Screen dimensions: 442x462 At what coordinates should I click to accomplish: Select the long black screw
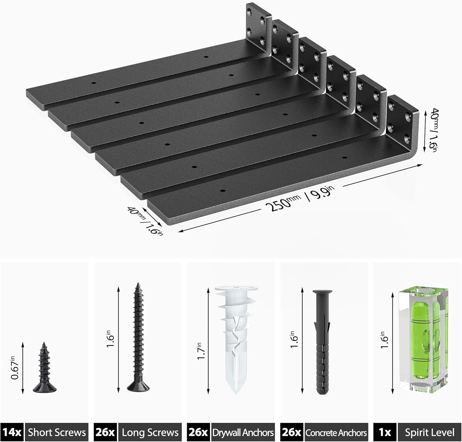(x=137, y=339)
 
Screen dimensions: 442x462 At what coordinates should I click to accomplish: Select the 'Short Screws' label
(x=57, y=432)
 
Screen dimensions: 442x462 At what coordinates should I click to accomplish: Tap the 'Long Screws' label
(x=150, y=432)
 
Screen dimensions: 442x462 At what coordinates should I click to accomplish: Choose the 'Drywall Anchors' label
(x=243, y=432)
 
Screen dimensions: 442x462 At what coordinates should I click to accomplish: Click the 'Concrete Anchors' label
(x=336, y=432)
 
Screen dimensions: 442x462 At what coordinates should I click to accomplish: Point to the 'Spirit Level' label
(x=429, y=432)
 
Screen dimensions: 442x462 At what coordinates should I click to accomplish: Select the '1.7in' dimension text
(x=201, y=351)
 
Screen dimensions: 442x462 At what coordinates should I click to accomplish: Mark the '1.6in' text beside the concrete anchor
(x=294, y=340)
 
